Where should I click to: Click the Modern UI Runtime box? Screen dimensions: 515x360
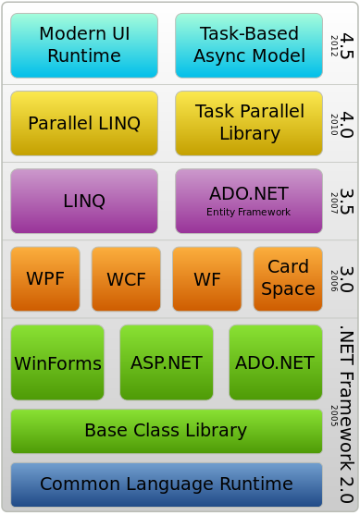coord(84,45)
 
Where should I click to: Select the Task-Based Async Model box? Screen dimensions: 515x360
coord(248,45)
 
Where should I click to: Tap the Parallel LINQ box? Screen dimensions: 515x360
coord(84,123)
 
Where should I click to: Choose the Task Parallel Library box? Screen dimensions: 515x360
coord(248,123)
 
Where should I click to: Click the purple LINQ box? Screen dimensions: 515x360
coord(84,201)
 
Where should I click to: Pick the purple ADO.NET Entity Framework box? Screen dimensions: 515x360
coord(248,201)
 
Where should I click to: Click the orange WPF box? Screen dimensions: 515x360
coord(45,278)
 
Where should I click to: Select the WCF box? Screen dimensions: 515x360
coord(126,278)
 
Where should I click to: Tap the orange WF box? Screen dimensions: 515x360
coord(206,278)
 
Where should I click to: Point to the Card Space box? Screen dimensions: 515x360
coord(288,278)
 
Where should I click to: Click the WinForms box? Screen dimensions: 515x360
coord(57,362)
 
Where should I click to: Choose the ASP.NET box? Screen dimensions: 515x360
coord(167,362)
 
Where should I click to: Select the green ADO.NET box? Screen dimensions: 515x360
coord(275,362)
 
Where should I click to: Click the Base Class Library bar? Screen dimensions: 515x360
coord(166,430)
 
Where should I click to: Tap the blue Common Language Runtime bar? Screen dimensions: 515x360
coord(166,484)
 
